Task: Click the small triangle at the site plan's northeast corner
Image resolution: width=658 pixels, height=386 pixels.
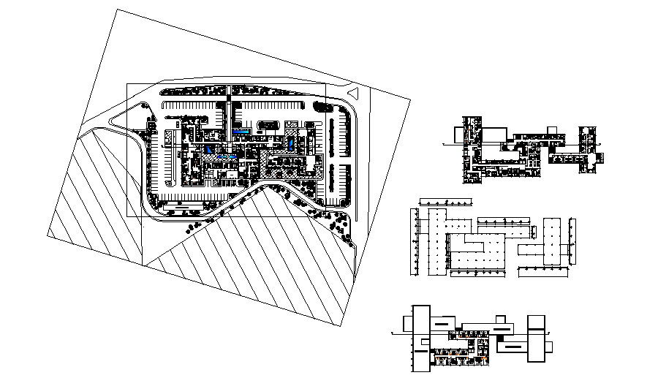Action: click(353, 93)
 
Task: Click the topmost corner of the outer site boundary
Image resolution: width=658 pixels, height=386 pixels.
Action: click(116, 10)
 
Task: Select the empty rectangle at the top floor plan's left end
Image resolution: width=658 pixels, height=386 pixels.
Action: click(459, 134)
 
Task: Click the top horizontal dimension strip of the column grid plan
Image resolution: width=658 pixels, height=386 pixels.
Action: click(446, 201)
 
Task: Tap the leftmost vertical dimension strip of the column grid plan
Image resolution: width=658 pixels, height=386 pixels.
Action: click(415, 242)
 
